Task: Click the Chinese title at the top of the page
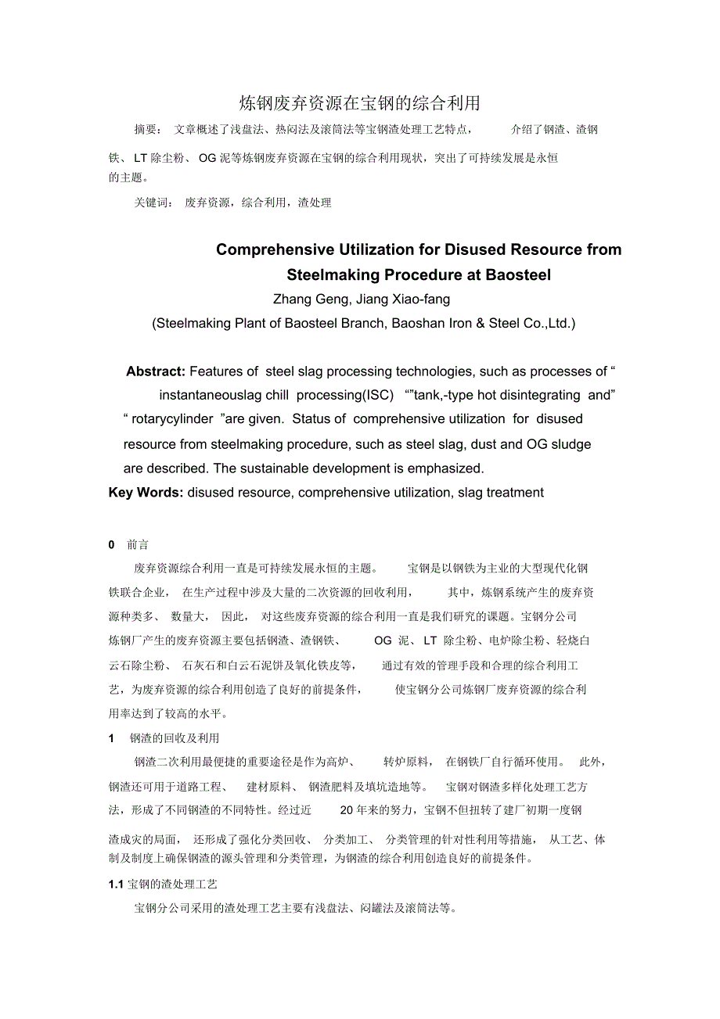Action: click(359, 103)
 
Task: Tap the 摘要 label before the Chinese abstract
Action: click(146, 130)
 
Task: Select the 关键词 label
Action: click(153, 203)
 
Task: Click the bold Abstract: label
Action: click(156, 371)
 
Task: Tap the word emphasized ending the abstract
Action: click(443, 468)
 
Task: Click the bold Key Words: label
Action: click(146, 492)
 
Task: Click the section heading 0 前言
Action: click(129, 544)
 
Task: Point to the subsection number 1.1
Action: click(116, 884)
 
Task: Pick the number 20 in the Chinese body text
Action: click(348, 810)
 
